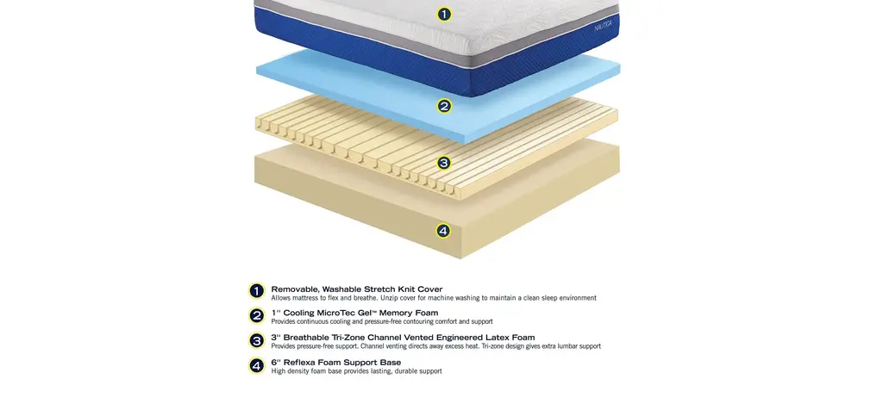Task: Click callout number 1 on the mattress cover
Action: point(444,15)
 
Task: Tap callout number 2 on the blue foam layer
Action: point(444,106)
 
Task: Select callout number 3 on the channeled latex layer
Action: point(444,163)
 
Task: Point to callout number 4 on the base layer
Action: point(443,231)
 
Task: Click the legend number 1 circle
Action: point(257,291)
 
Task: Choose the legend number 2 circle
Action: point(257,315)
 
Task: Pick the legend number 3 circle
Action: point(257,340)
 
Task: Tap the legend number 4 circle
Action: point(257,366)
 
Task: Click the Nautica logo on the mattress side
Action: point(603,25)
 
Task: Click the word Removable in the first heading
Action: point(295,289)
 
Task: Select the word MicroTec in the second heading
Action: point(333,313)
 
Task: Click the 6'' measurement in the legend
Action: point(276,363)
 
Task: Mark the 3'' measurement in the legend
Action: point(276,338)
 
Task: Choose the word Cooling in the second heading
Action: point(297,313)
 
